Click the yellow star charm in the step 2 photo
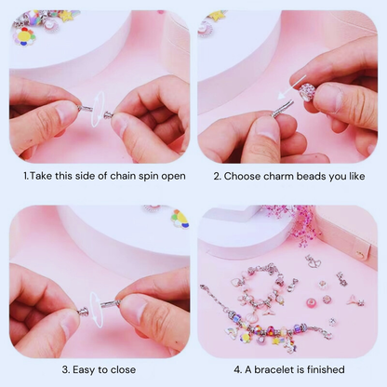[217, 16]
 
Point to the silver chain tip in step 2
[282, 110]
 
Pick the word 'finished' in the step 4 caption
[326, 369]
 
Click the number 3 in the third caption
[65, 369]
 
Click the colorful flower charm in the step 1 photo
[26, 35]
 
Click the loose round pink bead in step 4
[327, 299]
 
